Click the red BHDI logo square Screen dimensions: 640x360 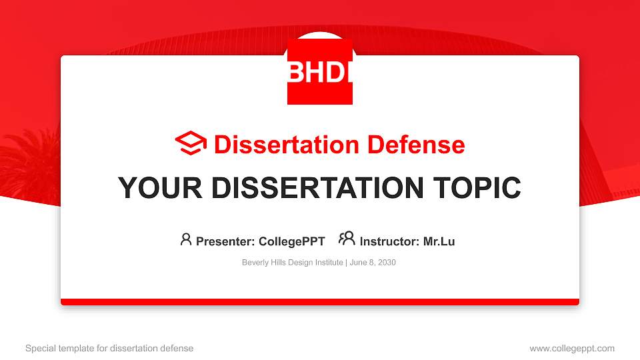[320, 71]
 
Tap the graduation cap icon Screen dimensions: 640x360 [191, 143]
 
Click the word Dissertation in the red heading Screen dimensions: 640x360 [287, 145]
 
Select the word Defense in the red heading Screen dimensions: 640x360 [416, 145]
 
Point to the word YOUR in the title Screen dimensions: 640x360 [160, 188]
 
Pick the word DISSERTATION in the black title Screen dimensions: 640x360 [317, 188]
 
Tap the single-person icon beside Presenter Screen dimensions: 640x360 [186, 239]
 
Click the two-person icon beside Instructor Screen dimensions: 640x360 [347, 239]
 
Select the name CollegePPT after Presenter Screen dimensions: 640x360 [292, 241]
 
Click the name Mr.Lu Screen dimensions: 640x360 [439, 241]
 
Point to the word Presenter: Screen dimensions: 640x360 [225, 241]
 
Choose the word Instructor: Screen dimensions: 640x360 [389, 241]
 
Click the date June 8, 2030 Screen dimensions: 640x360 [373, 263]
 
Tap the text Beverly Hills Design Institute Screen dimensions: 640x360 [292, 263]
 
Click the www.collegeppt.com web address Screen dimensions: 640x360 [572, 349]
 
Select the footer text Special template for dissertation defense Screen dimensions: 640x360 [109, 349]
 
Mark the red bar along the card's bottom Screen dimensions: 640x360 [320, 302]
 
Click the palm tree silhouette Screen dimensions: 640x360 [29, 163]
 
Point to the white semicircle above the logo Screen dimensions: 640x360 [320, 35]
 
